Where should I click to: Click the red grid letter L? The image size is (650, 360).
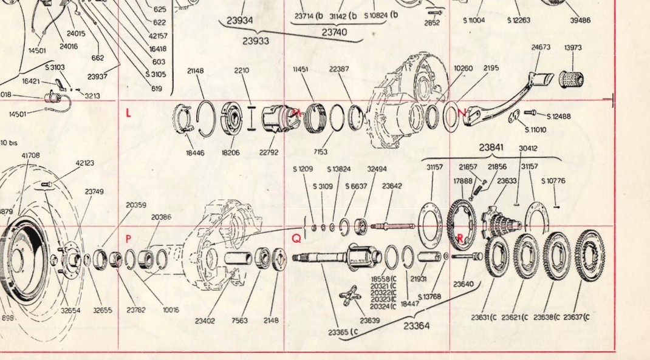(x=128, y=112)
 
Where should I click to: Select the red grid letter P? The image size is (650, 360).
(x=128, y=239)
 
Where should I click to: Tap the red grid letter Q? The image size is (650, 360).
(x=296, y=239)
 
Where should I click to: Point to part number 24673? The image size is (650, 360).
(x=541, y=47)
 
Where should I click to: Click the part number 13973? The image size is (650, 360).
(x=572, y=47)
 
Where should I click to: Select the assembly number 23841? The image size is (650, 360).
(x=491, y=147)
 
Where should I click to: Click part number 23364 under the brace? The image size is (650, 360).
(x=416, y=326)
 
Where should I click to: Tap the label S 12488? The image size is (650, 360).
(x=558, y=117)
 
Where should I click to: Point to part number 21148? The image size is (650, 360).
(x=196, y=71)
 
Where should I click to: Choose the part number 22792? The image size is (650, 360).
(x=269, y=152)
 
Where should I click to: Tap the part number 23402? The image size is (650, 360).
(x=205, y=321)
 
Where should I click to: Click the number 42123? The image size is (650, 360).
(x=85, y=163)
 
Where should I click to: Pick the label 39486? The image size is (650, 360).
(x=580, y=20)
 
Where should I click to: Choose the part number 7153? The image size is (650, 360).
(x=321, y=151)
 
